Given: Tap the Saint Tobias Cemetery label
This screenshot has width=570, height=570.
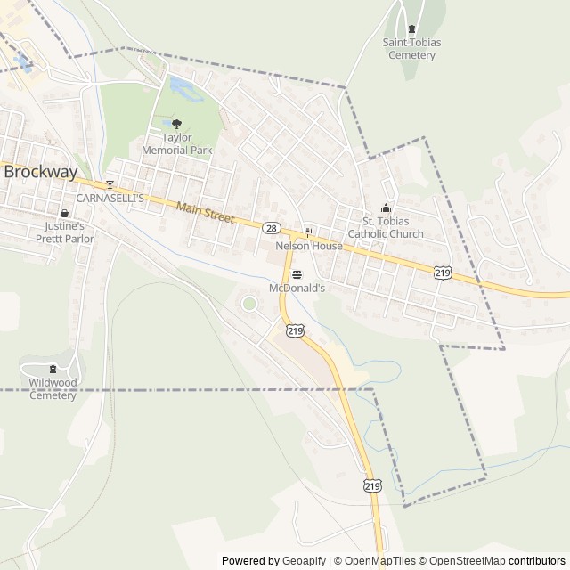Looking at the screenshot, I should coord(411,48).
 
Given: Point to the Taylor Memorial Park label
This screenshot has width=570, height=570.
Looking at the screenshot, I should coord(176,144).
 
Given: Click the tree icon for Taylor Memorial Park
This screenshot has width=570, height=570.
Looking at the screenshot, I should coord(176,125).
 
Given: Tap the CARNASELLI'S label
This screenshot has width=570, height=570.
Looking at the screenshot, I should coord(110,198).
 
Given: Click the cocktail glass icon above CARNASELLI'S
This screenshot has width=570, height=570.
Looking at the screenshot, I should coord(110,185).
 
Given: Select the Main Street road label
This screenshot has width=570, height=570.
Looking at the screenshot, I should coord(204,213).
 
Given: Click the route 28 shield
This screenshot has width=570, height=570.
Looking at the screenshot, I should coord(270,228).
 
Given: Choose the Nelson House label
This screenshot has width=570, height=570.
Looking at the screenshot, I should coord(309,245).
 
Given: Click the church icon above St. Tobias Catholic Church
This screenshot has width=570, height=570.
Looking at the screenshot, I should coord(386,208).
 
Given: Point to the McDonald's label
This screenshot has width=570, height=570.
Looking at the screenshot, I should coord(297,289).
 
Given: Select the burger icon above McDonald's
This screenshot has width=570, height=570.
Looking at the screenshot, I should coord(297,275).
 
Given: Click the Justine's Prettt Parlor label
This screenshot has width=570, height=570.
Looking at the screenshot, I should coord(64,232).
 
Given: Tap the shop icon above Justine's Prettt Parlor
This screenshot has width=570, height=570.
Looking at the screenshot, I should coord(64,214).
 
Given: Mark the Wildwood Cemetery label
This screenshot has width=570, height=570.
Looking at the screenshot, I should coord(53,389).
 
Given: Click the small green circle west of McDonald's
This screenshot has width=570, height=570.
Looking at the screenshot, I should coord(249,305).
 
